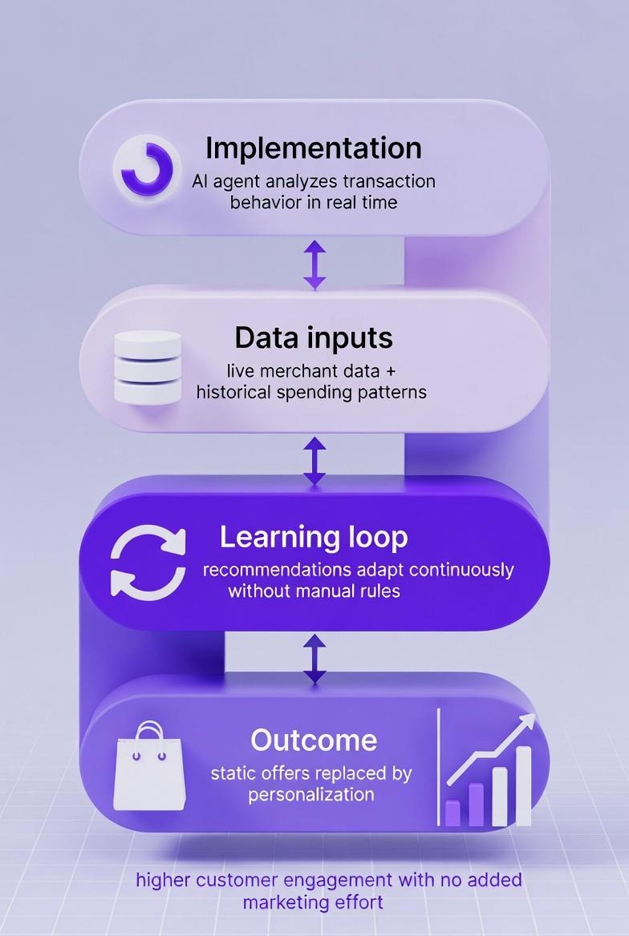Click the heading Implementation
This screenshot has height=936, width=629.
(x=313, y=148)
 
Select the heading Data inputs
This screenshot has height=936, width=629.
(x=314, y=337)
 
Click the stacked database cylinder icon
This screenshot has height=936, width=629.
(x=147, y=366)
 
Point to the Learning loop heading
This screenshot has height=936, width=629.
(x=314, y=537)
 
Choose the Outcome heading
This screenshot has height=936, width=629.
(x=314, y=739)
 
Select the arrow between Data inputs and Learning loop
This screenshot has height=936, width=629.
(x=314, y=460)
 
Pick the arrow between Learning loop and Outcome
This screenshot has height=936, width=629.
(x=314, y=658)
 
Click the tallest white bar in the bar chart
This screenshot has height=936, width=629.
(x=523, y=785)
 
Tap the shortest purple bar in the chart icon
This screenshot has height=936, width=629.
(x=452, y=813)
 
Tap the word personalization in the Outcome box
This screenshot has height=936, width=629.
(x=311, y=795)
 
